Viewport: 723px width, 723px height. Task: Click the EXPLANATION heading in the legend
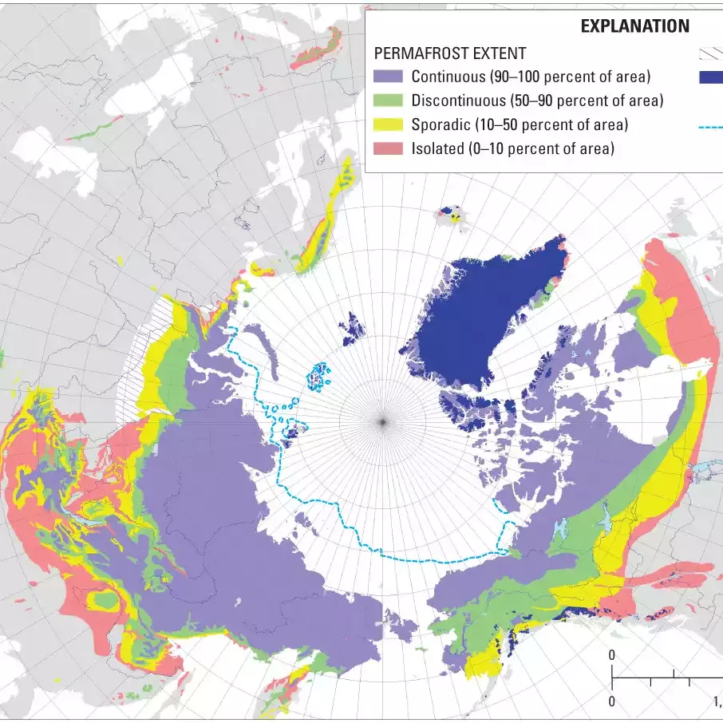634,26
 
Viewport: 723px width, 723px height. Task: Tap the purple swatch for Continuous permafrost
388,77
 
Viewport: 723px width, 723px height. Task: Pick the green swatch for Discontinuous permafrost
388,101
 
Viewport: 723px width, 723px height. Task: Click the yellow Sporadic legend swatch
388,124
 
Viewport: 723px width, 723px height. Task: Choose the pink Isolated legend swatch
388,148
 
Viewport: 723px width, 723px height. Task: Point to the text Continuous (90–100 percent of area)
531,77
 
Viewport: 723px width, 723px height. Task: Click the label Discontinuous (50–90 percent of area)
537,101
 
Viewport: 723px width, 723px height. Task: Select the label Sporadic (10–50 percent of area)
520,124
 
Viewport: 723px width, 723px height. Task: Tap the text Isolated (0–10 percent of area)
512,148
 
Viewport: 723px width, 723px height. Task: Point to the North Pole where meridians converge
382,421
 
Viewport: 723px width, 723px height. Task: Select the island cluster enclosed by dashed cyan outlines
321,377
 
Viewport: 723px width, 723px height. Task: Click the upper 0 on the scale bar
612,655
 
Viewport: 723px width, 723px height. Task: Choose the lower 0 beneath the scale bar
612,701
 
